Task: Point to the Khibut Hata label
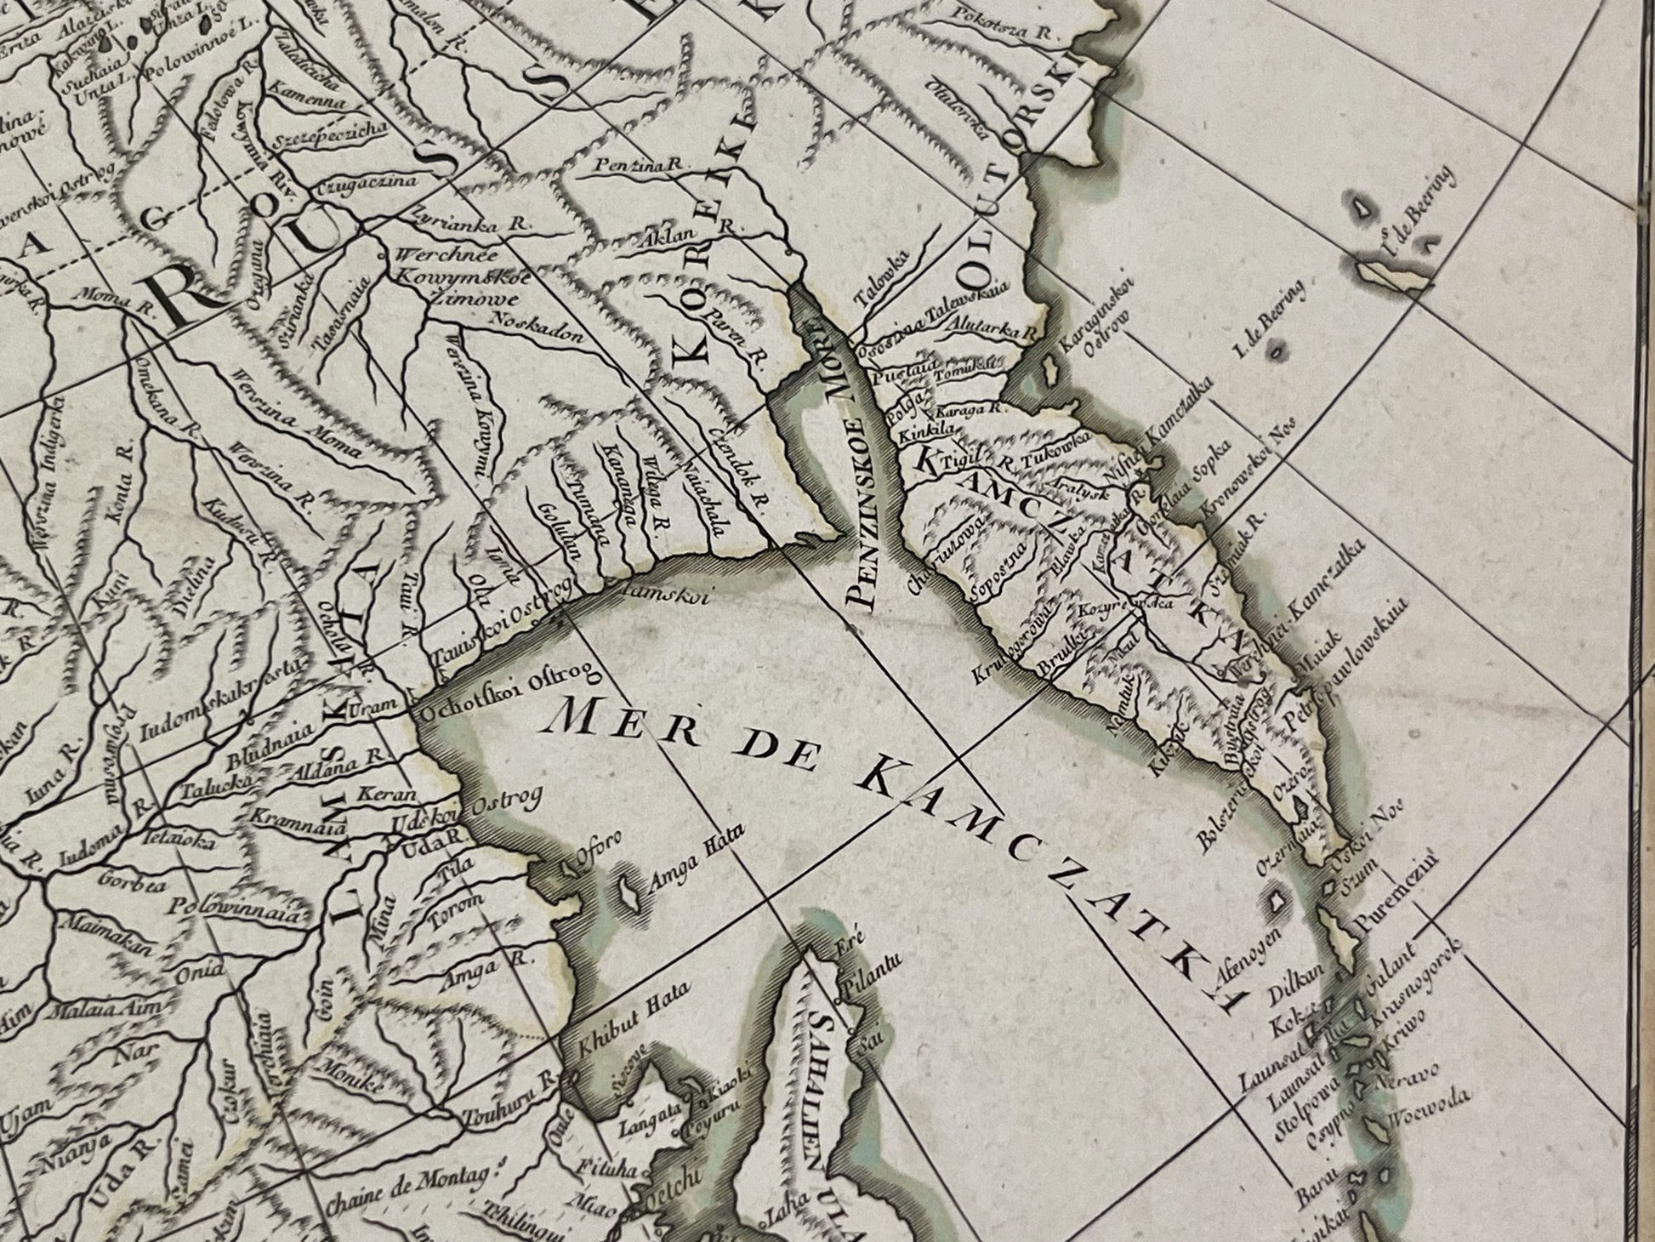[634, 1015]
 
